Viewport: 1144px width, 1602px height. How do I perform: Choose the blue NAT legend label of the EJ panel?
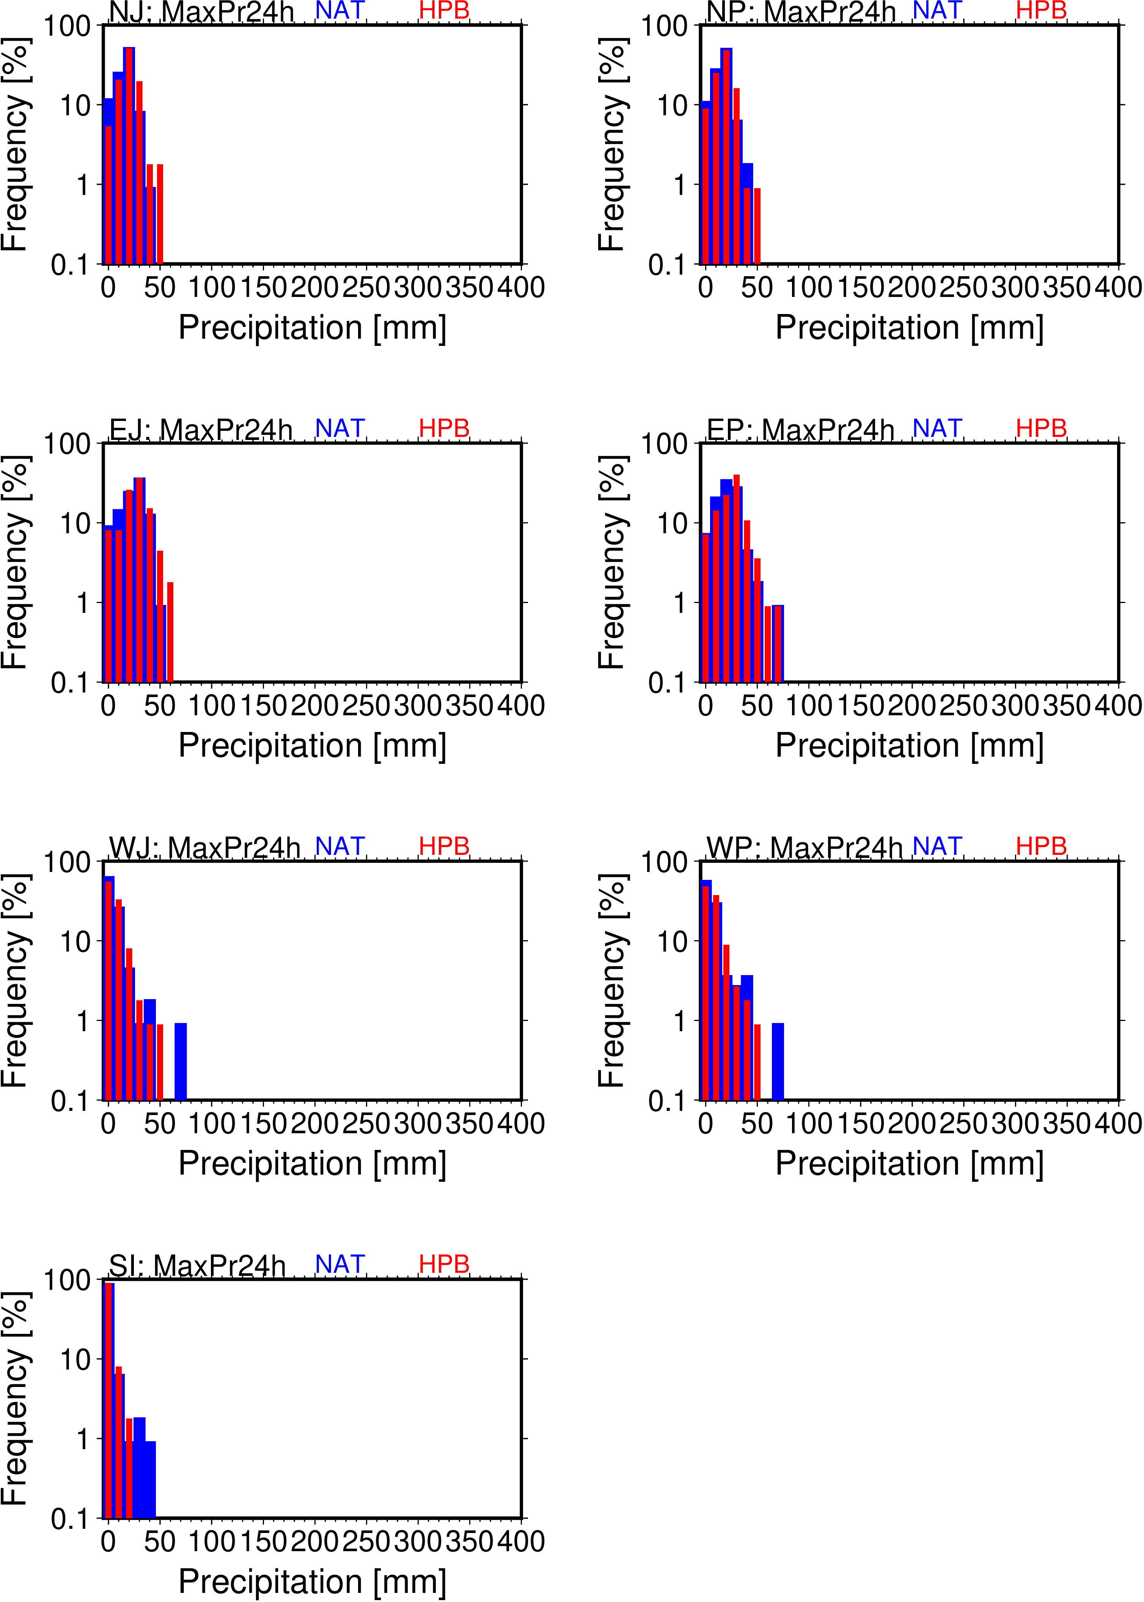click(x=339, y=428)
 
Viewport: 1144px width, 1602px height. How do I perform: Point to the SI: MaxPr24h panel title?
click(x=197, y=1266)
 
